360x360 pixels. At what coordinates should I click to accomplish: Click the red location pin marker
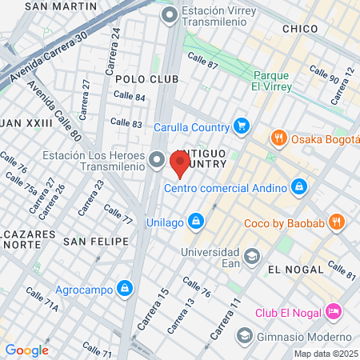[x=179, y=164]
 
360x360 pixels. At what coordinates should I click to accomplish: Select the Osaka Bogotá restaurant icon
[x=279, y=138]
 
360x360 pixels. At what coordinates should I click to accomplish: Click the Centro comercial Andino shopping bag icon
[x=298, y=187]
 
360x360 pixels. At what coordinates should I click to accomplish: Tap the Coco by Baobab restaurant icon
[x=337, y=222]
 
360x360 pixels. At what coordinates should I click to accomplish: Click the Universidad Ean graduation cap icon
[x=252, y=256]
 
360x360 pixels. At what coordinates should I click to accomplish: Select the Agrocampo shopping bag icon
[x=124, y=288]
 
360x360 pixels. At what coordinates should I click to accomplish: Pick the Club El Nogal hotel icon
[x=334, y=312]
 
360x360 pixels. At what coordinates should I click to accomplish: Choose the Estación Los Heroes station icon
[x=157, y=160]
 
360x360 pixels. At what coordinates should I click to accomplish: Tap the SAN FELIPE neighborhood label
[x=96, y=241]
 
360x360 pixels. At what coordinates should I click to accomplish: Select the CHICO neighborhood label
[x=300, y=29]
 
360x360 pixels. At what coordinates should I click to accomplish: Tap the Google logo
[x=26, y=350]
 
